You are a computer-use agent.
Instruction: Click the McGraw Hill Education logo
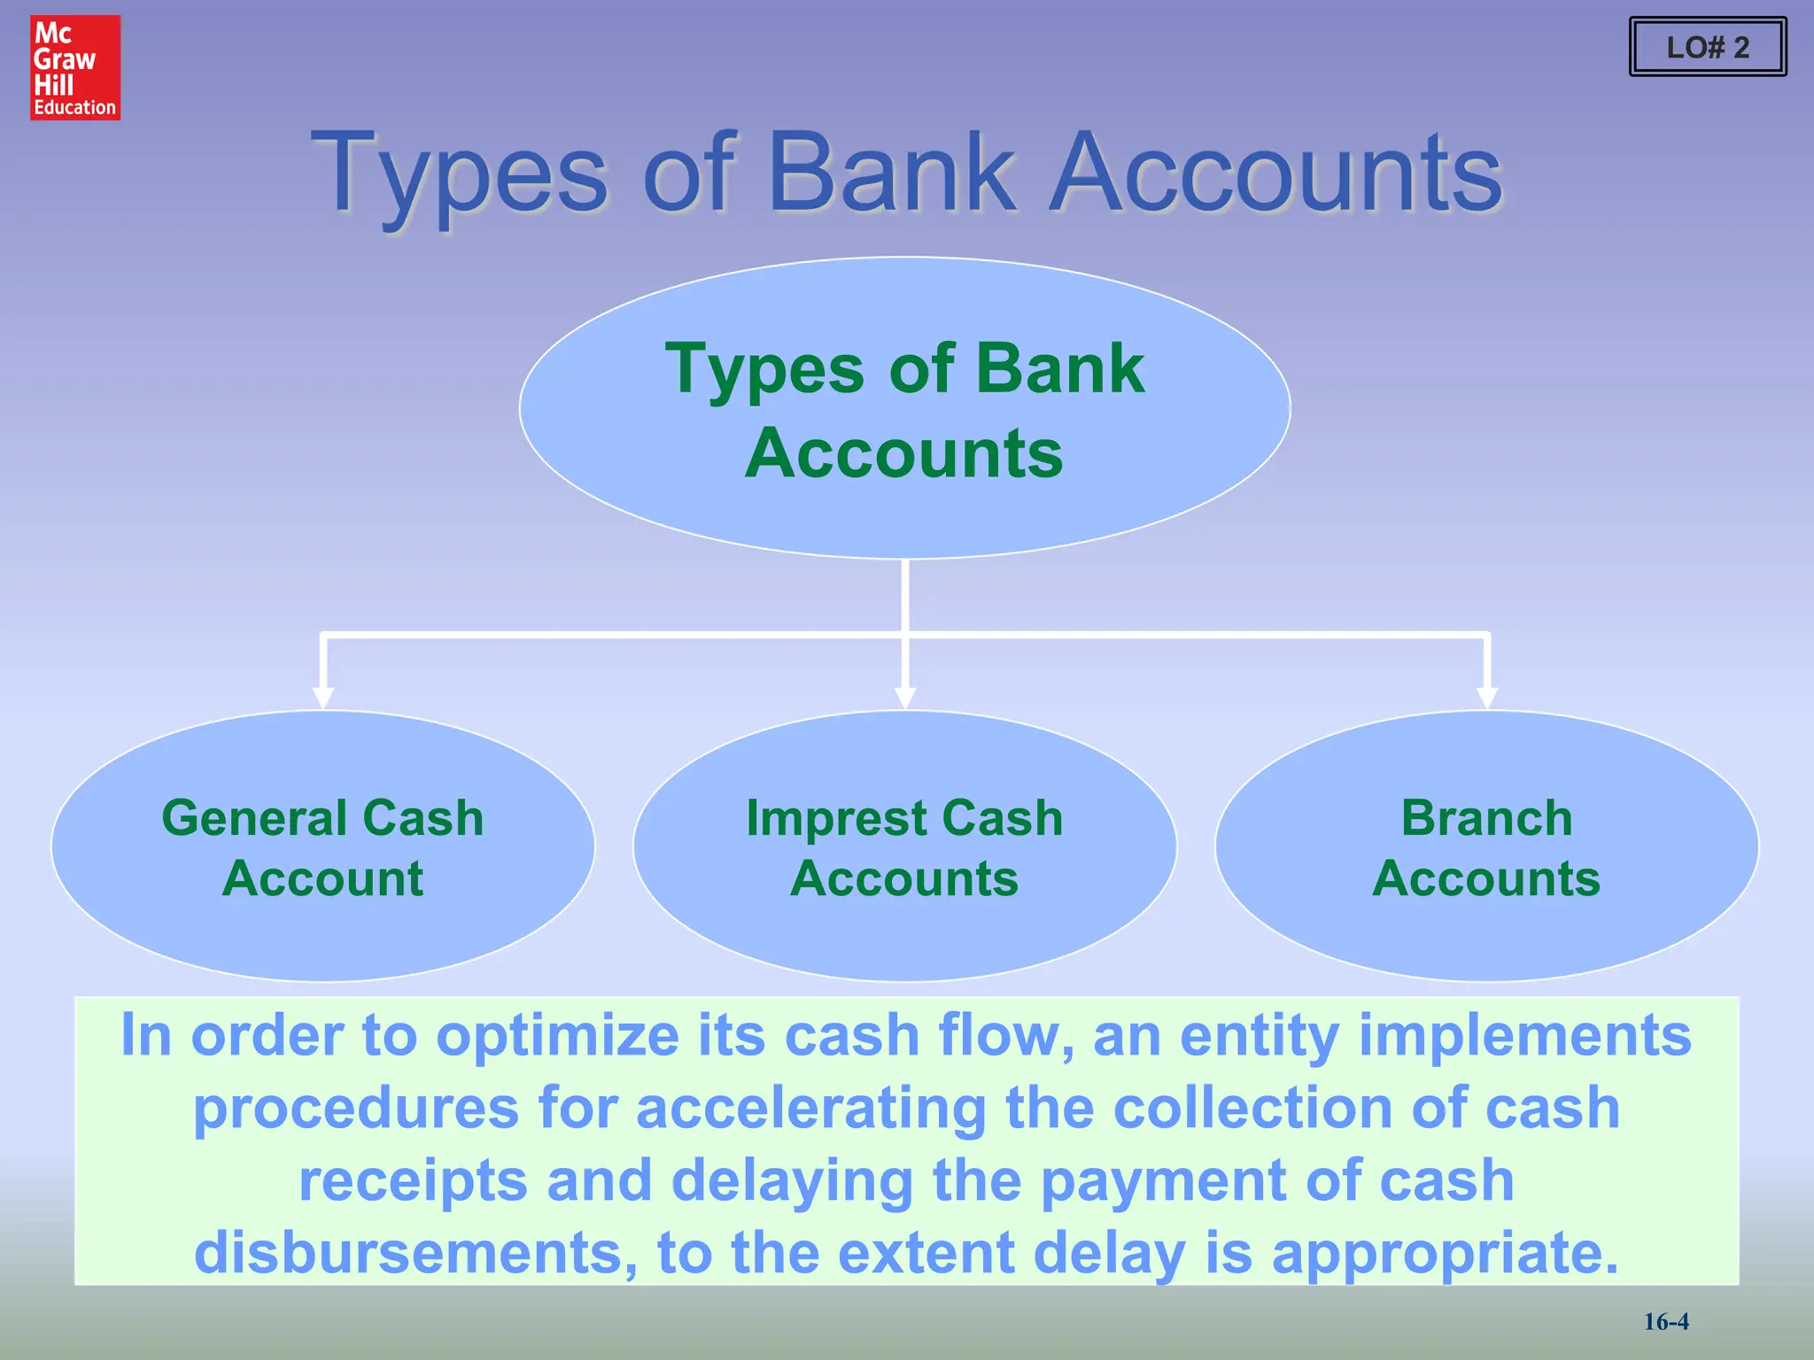point(75,67)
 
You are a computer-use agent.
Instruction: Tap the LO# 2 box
point(1707,47)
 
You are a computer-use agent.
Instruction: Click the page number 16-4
point(1666,1322)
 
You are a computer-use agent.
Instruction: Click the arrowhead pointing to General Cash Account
point(323,697)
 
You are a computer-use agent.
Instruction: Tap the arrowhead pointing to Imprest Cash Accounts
point(904,697)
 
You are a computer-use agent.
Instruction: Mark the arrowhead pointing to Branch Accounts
point(1487,697)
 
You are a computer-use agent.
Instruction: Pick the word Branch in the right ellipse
point(1486,817)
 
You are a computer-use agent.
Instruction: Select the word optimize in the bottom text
point(557,1036)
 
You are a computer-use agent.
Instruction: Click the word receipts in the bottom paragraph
point(413,1181)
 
